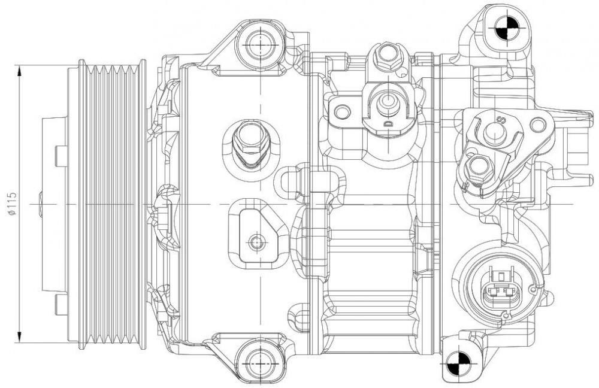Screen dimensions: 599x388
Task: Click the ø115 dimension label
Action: tap(12, 204)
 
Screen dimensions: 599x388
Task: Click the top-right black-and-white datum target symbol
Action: tap(507, 28)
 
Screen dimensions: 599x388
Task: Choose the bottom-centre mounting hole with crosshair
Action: tap(260, 362)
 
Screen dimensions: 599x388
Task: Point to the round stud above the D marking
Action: tap(388, 102)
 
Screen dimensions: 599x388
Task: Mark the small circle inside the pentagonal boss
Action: tap(256, 241)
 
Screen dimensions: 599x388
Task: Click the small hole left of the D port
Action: tap(341, 111)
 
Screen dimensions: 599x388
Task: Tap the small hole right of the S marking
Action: tap(537, 124)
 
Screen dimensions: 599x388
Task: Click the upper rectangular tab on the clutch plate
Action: tap(62, 156)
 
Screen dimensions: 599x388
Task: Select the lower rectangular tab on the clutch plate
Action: tap(62, 304)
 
